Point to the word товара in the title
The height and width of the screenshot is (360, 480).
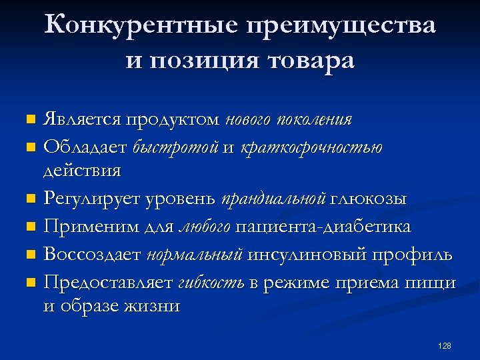(x=311, y=61)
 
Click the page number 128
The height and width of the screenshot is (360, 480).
(x=445, y=345)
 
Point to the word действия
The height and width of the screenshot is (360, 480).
(x=82, y=171)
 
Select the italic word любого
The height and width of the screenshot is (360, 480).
(x=205, y=227)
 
